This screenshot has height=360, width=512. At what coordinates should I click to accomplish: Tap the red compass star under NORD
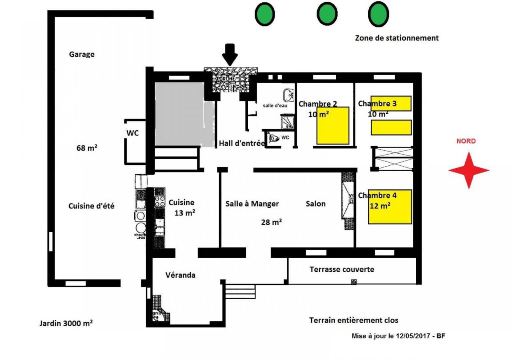click(x=468, y=170)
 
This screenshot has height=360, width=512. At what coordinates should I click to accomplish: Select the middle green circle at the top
click(x=328, y=14)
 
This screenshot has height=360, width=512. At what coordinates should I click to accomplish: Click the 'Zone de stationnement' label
click(x=396, y=38)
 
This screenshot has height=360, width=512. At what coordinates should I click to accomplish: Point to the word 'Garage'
click(x=82, y=55)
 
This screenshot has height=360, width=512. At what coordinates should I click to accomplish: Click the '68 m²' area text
click(x=87, y=148)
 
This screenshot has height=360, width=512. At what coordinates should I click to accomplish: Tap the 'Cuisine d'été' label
click(x=92, y=206)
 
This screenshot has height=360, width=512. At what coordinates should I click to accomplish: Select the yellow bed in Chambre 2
click(x=333, y=126)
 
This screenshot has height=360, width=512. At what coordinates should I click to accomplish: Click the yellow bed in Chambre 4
click(x=390, y=207)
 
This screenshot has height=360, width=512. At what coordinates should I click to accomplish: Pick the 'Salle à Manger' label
click(x=252, y=204)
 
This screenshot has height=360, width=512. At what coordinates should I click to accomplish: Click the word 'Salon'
click(x=316, y=204)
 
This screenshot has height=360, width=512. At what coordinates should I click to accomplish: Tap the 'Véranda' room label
click(x=180, y=275)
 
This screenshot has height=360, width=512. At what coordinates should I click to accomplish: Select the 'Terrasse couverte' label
click(x=342, y=269)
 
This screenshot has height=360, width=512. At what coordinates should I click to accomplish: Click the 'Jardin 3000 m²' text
click(x=66, y=324)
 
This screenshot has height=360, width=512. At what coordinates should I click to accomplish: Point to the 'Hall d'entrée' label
click(x=242, y=144)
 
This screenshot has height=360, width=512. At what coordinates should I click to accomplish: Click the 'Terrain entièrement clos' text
click(x=354, y=320)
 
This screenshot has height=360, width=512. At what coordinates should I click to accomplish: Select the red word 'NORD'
click(x=466, y=141)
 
